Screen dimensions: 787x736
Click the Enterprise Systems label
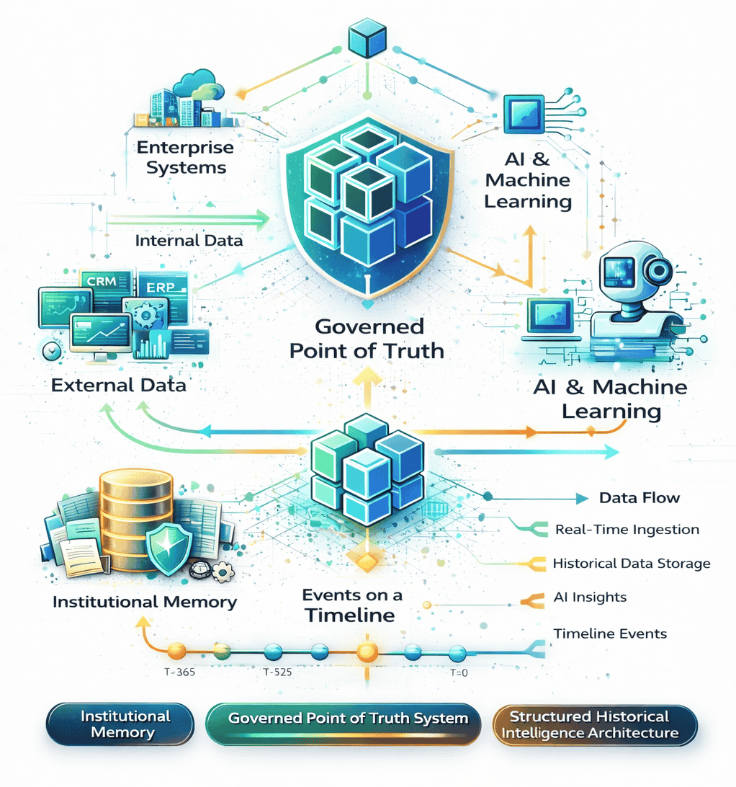pyautogui.click(x=186, y=157)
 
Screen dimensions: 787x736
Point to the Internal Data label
pyautogui.click(x=189, y=241)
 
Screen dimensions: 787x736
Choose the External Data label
pyautogui.click(x=119, y=385)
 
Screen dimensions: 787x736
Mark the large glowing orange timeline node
pyautogui.click(x=367, y=653)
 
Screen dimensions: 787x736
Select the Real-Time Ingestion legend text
pyautogui.click(x=627, y=530)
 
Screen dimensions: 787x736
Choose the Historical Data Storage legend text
pyautogui.click(x=632, y=564)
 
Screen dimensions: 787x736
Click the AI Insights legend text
pyautogui.click(x=590, y=597)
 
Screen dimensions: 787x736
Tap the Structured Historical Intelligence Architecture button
pyautogui.click(x=595, y=725)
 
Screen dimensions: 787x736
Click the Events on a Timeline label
pyautogui.click(x=352, y=605)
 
